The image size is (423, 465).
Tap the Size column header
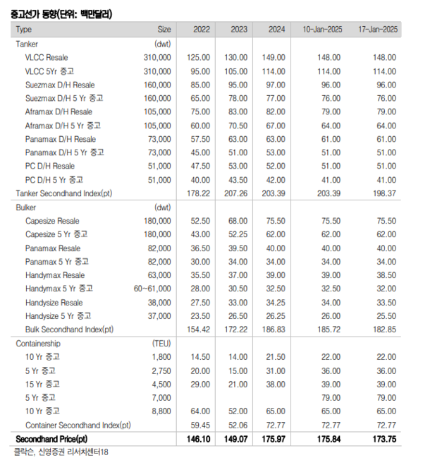[x=164, y=29]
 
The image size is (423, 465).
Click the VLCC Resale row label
[x=47, y=56]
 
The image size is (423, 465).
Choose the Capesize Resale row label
[x=53, y=221]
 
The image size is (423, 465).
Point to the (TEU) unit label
[x=161, y=344]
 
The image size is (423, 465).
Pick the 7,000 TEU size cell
[x=161, y=398]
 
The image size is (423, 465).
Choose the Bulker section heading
[x=27, y=207]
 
